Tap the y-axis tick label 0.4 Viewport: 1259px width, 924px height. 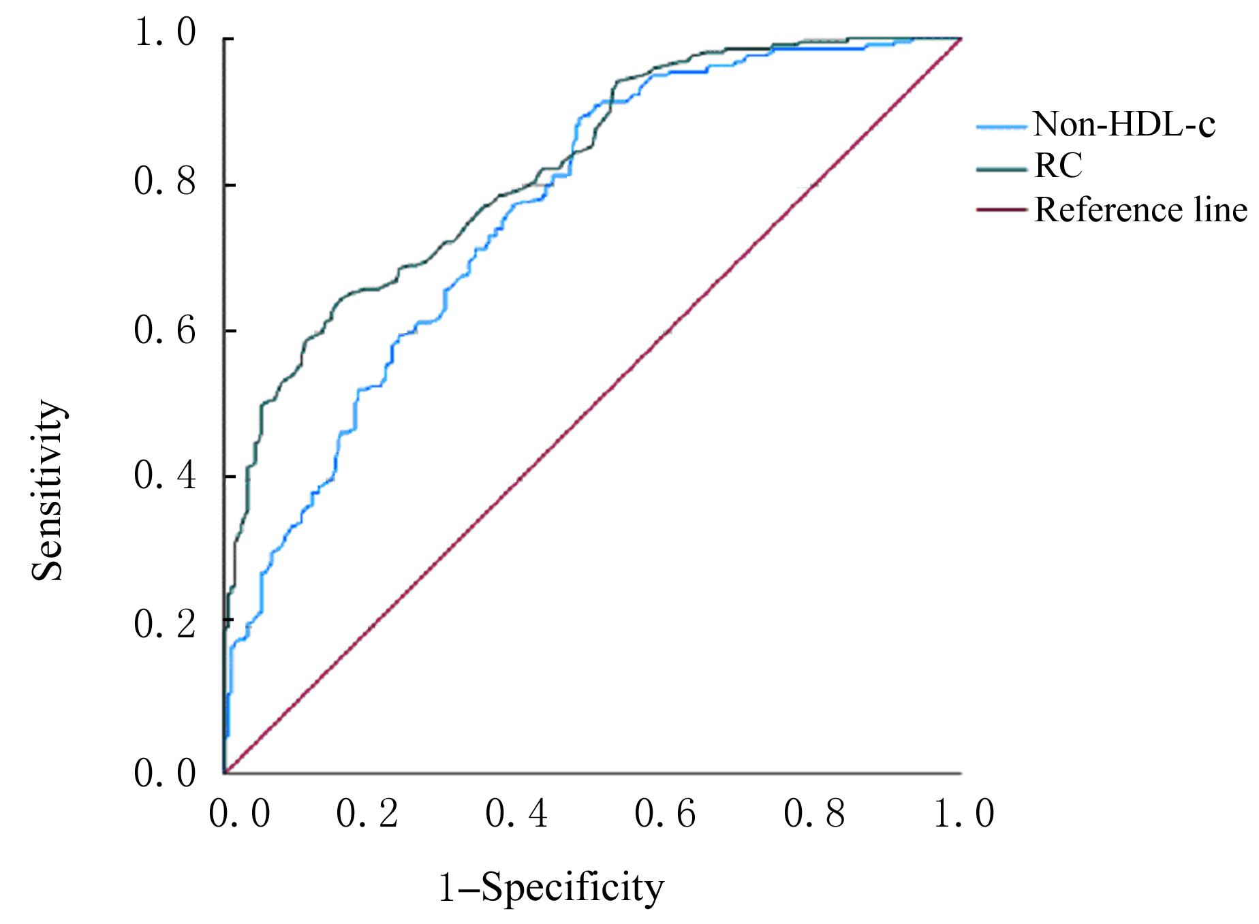166,476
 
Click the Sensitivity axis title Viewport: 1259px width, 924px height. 48,490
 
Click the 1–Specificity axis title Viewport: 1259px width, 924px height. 550,889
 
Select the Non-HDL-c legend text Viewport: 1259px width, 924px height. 1124,125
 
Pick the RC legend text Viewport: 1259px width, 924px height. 1057,167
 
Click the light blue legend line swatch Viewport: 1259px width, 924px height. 1001,126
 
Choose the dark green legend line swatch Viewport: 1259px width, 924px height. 1001,168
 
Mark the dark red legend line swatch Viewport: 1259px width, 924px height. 1001,211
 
